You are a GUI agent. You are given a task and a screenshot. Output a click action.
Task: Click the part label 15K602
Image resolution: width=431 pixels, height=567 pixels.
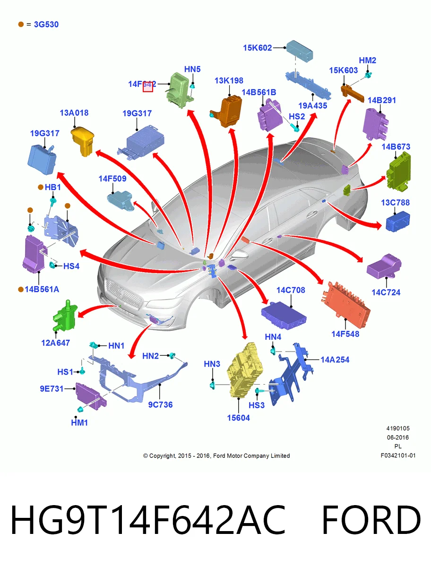(257, 48)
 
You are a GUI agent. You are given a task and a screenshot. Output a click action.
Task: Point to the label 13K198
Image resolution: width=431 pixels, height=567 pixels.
(229, 81)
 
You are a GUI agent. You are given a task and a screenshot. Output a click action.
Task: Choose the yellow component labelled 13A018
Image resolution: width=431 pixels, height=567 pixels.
(82, 141)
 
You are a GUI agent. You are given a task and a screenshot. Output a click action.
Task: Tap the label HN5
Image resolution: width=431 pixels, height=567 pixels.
(192, 69)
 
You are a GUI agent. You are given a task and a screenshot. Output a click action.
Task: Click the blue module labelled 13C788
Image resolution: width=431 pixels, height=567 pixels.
(398, 222)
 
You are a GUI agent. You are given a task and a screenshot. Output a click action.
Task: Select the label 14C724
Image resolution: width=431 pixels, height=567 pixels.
(386, 292)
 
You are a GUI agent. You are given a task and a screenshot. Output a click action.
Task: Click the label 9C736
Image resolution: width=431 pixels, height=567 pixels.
(160, 404)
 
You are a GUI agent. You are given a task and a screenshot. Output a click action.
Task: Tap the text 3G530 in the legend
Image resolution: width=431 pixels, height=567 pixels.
(46, 24)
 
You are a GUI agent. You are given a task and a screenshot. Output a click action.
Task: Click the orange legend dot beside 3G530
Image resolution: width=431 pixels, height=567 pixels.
(21, 24)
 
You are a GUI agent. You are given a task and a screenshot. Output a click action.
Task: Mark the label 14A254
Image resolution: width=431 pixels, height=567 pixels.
(335, 360)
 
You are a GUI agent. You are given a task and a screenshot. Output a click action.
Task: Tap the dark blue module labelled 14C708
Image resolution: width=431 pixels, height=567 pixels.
(284, 316)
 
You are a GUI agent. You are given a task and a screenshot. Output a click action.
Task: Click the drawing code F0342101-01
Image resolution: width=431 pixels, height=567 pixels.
(398, 455)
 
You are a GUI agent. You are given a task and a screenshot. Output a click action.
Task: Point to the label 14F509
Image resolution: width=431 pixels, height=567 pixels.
(112, 179)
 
